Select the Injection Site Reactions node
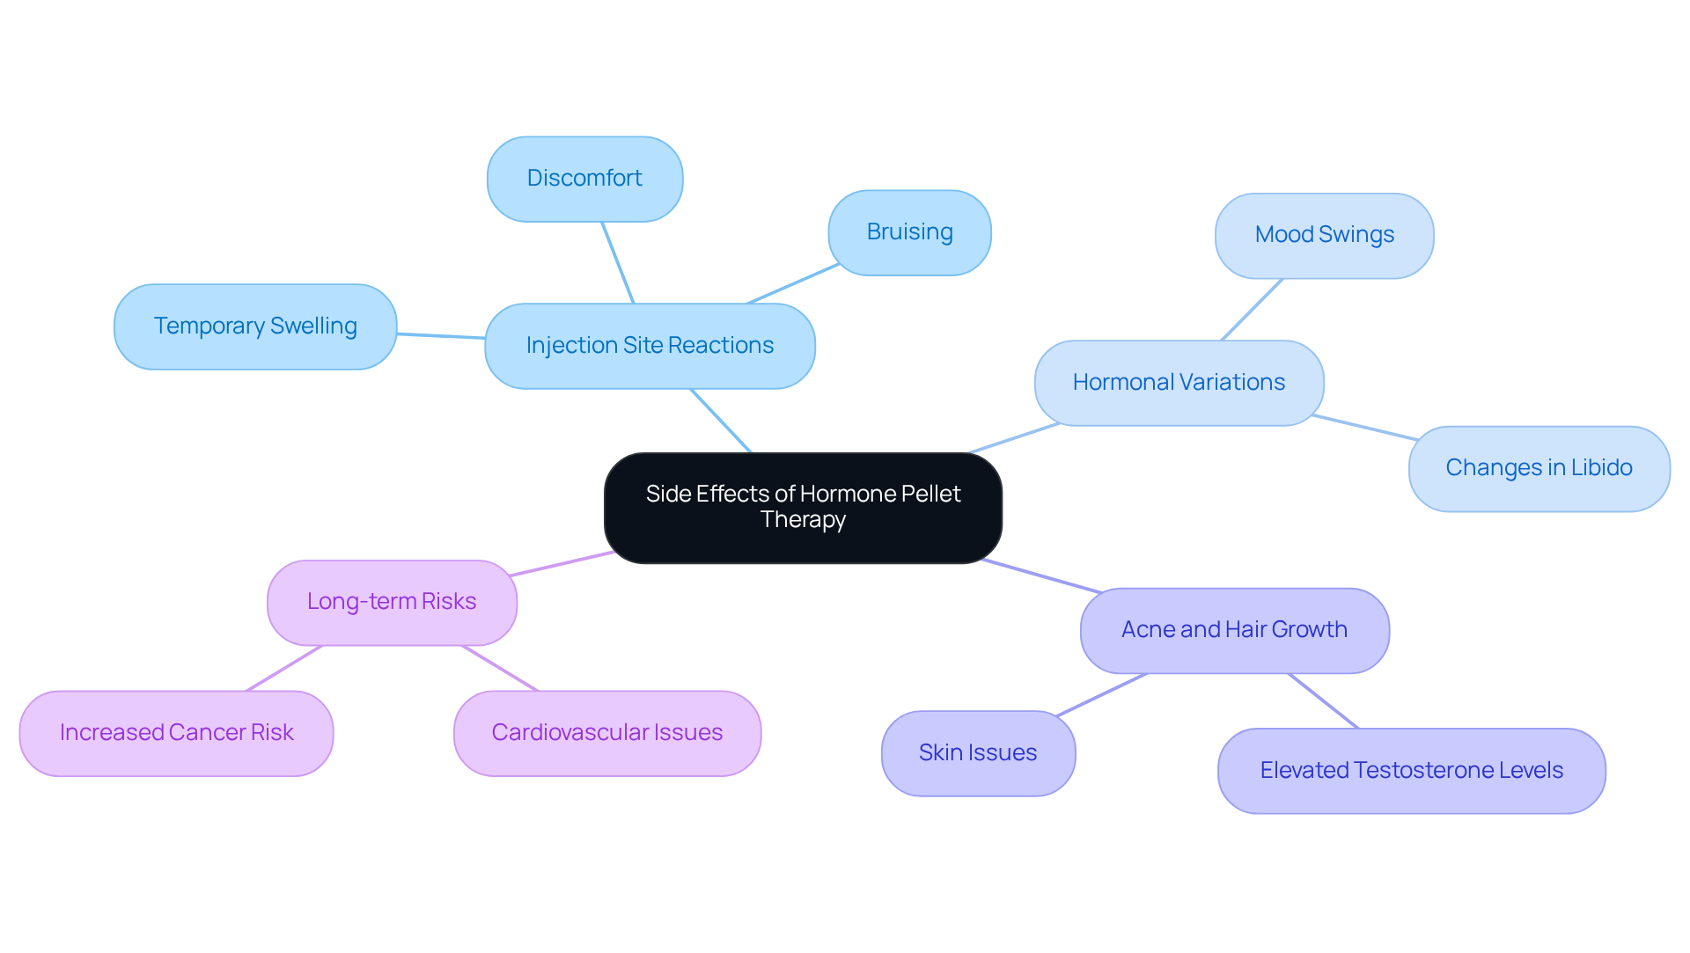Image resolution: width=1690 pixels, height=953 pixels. click(650, 346)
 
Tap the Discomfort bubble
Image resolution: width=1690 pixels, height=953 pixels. click(584, 179)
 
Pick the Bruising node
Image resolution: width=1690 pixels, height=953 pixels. click(909, 232)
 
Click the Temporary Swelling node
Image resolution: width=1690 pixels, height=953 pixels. click(255, 326)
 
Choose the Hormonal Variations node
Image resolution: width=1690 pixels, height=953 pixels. click(1179, 383)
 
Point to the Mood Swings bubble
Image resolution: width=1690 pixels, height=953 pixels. click(1324, 235)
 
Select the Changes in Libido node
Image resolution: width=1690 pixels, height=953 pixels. click(1539, 468)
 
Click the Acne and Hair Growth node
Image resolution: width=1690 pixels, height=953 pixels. click(1234, 630)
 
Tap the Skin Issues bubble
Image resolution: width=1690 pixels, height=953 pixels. click(978, 753)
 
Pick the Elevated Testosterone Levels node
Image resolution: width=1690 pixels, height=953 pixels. click(1411, 771)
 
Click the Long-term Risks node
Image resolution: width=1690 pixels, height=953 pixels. click(392, 602)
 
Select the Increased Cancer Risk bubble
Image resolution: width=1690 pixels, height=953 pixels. click(176, 733)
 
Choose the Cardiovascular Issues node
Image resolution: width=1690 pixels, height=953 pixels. click(607, 733)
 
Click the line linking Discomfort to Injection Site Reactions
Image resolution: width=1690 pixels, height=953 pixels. click(618, 262)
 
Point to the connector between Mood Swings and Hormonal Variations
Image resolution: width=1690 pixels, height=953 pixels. click(1252, 310)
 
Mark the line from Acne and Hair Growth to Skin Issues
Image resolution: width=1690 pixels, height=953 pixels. click(1102, 694)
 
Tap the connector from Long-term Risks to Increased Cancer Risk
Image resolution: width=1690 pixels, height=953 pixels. click(284, 669)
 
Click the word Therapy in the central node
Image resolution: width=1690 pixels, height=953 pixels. click(803, 520)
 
